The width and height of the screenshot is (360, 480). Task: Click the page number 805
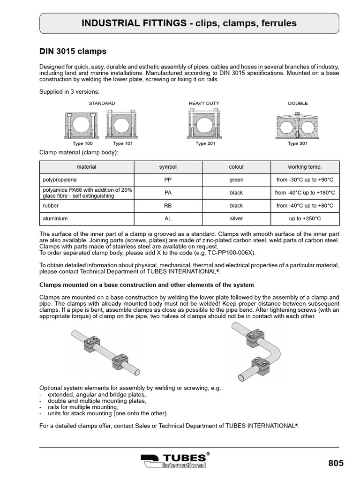click(336, 463)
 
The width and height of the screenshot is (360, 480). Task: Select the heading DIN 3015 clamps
click(72, 51)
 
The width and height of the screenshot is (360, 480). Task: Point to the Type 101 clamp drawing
click(122, 124)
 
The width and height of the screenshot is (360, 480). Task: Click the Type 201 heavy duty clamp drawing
click(204, 124)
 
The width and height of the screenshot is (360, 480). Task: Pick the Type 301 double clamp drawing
click(297, 125)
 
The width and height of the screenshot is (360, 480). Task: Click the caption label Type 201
click(205, 143)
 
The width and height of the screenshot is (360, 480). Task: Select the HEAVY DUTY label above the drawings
click(204, 103)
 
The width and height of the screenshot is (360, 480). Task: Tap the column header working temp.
click(305, 167)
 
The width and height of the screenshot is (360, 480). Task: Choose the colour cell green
click(236, 180)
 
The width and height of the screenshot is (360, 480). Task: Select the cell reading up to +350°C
click(305, 218)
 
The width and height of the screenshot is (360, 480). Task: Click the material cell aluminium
click(55, 218)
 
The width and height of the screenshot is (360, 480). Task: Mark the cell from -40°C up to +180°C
click(305, 193)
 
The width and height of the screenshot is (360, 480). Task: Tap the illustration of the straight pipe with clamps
click(106, 352)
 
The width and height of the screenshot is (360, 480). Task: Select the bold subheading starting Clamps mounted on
click(147, 285)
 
